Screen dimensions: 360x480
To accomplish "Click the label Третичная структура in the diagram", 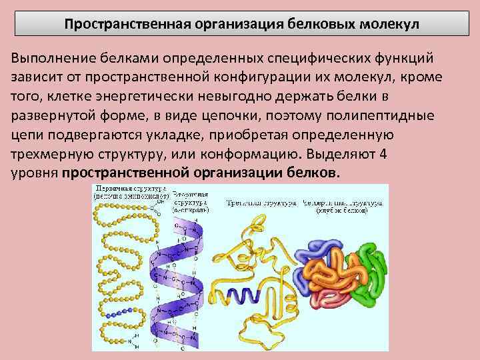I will (261, 201).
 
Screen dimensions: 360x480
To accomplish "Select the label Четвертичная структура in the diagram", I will (345, 201).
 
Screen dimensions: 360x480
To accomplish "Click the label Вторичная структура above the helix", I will (191, 198).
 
